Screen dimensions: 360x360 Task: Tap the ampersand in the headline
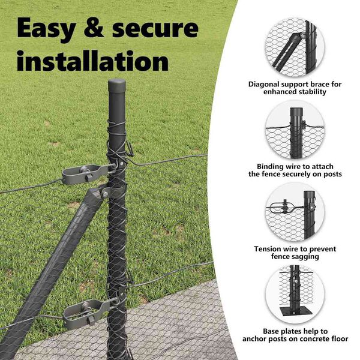click(94, 28)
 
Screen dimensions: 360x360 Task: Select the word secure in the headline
click(155, 29)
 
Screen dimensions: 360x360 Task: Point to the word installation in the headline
click(92, 60)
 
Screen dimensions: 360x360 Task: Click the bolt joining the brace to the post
click(105, 194)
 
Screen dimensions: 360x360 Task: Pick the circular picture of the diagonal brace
click(295, 47)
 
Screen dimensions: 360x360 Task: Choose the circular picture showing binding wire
click(295, 130)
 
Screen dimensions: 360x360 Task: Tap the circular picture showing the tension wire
click(295, 212)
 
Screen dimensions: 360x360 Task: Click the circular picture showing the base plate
click(295, 295)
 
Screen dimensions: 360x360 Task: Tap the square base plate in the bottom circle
click(296, 312)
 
